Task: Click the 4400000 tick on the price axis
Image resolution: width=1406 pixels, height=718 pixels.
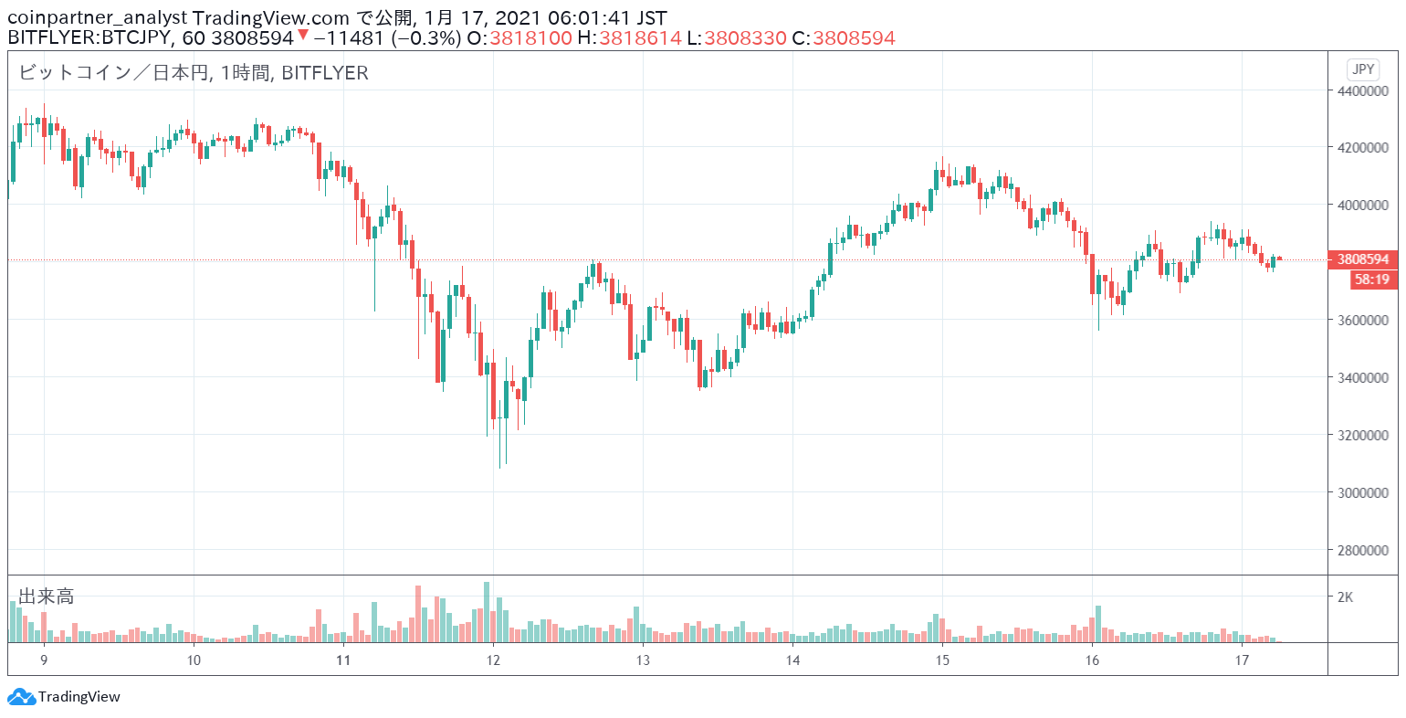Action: coord(1363,91)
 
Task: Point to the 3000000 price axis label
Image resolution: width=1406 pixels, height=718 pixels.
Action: coord(1363,493)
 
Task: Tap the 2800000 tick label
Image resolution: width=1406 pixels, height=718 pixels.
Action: coord(1363,551)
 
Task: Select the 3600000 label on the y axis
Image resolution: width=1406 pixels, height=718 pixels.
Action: coord(1363,321)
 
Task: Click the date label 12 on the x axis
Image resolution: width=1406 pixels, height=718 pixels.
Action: coord(493,660)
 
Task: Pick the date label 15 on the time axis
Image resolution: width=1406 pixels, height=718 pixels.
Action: coord(942,660)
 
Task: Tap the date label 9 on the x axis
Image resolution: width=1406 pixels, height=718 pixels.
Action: coord(44,660)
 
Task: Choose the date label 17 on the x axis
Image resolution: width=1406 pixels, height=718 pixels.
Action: coord(1242,660)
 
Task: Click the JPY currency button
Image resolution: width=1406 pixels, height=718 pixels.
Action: coord(1363,69)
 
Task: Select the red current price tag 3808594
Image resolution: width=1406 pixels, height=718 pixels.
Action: coord(1363,259)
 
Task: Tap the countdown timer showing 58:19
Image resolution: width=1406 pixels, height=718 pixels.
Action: coord(1374,280)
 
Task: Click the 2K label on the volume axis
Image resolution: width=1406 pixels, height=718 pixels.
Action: coord(1345,597)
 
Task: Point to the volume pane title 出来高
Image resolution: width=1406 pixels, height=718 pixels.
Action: coord(47,597)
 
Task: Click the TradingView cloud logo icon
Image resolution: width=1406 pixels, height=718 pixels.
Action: coord(21,697)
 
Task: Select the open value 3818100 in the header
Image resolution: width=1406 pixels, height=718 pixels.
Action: coord(530,38)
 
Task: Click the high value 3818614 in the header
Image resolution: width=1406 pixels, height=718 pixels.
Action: coord(640,38)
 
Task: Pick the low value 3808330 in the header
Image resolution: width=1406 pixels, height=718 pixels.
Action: coord(745,38)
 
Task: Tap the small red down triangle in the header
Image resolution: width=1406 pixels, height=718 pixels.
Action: coord(303,35)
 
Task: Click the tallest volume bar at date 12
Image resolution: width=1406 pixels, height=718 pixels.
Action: coord(487,612)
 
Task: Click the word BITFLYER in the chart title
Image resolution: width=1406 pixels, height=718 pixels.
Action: coord(325,73)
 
